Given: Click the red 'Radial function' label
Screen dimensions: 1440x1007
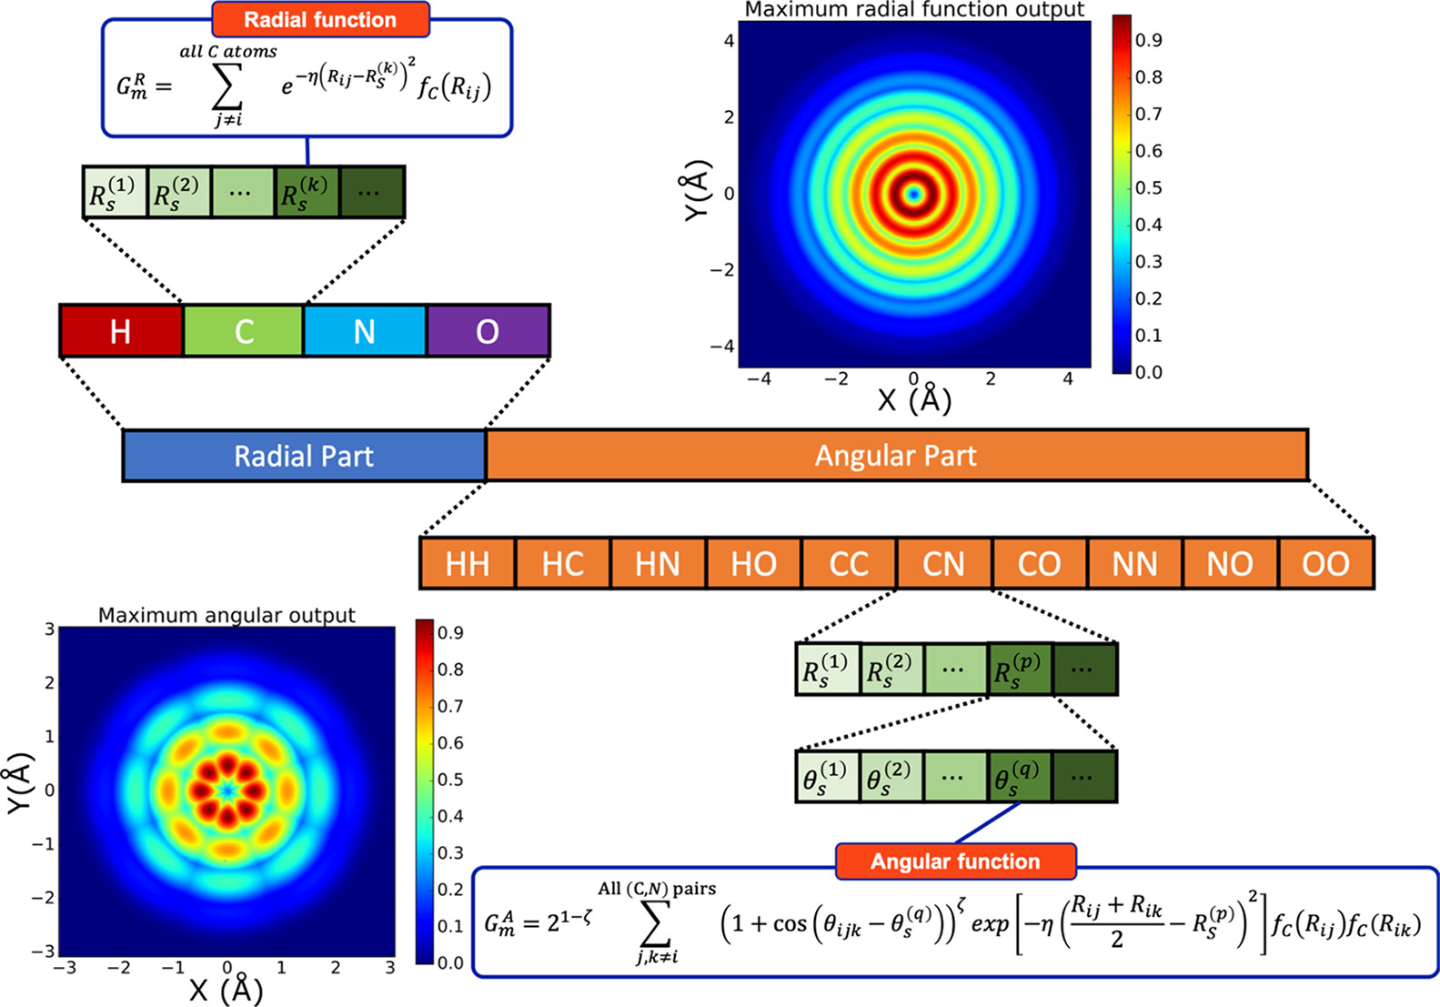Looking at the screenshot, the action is click(320, 19).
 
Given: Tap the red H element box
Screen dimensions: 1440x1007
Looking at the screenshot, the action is click(121, 331).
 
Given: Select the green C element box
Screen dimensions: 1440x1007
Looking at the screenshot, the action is click(243, 331).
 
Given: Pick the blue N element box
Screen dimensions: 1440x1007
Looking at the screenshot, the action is click(365, 331).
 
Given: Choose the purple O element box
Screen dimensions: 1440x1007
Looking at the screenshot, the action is click(488, 331).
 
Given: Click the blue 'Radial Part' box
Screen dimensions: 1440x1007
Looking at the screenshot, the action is click(304, 455).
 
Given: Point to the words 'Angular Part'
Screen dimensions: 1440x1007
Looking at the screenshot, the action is click(895, 455).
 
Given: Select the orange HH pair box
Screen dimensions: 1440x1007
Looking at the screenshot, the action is click(468, 563).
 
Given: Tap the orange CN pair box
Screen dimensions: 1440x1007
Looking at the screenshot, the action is click(943, 563).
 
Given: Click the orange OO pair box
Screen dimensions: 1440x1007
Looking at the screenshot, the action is click(1325, 563).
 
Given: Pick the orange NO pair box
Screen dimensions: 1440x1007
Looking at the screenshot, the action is click(1230, 563).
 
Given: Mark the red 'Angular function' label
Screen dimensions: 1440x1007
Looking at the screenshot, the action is click(955, 861).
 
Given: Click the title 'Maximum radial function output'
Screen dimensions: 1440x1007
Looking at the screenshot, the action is click(914, 10).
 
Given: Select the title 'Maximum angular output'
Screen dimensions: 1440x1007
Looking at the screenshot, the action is click(227, 615).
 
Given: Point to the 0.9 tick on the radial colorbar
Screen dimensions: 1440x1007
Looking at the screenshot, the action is click(1148, 41).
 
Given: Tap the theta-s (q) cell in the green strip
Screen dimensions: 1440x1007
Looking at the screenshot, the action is click(1020, 776).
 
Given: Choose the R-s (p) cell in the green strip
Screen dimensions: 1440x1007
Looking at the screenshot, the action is click(1020, 669).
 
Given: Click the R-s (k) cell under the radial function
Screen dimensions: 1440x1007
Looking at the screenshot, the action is click(307, 192).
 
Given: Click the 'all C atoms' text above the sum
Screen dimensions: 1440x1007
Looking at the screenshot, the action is click(228, 52).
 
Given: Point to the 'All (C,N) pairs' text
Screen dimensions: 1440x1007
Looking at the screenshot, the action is click(657, 889).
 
